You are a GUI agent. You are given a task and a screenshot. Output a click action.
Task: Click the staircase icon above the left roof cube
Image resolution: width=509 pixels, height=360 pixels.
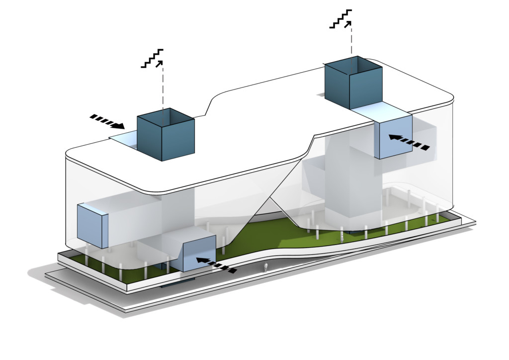click(153, 58)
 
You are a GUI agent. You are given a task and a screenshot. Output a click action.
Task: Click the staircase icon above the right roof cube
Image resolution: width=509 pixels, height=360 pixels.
click(342, 18)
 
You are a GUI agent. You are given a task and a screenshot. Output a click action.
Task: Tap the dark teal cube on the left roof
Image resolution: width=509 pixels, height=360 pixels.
click(166, 137)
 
